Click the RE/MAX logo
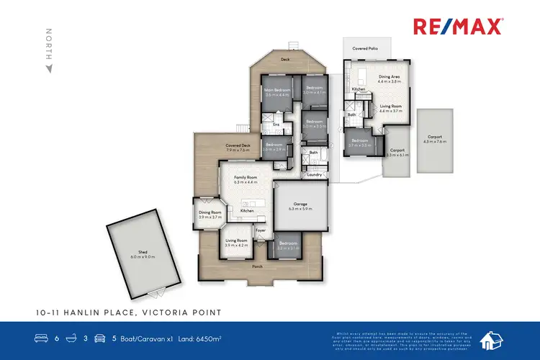click(x=458, y=27)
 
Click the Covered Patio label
click(x=364, y=48)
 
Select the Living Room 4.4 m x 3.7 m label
click(x=390, y=107)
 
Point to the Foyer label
click(x=261, y=230)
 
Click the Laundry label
click(x=313, y=174)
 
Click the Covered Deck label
click(x=238, y=147)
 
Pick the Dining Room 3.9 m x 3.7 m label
click(x=210, y=215)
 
